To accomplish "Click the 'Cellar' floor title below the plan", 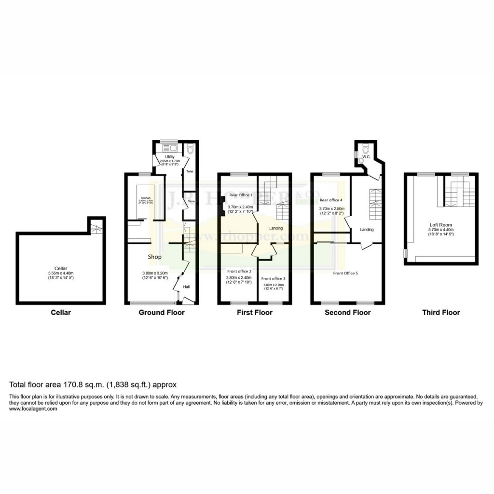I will tap(61, 313).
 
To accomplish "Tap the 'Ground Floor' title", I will tap(161, 313).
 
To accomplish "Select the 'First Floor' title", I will tap(254, 313).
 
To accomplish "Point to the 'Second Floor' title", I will tap(347, 313).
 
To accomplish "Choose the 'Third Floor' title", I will tap(441, 313).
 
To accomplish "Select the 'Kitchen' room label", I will tap(146, 198).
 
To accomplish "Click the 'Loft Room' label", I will tap(440, 225).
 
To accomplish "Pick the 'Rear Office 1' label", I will tap(241, 194).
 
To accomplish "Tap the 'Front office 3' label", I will tap(274, 278).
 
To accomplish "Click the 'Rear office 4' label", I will tap(331, 200).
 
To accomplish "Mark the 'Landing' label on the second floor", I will tap(367, 230).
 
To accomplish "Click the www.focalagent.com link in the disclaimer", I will tap(33, 409).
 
